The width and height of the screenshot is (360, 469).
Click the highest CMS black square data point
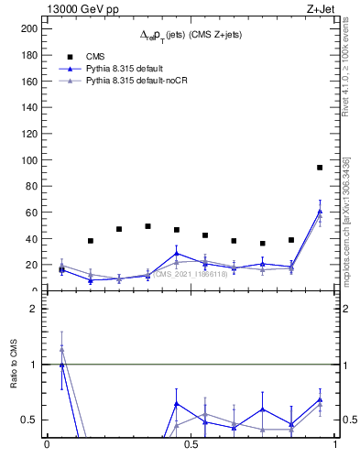pos(320,168)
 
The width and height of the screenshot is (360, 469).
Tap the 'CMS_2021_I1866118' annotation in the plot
pos(192,274)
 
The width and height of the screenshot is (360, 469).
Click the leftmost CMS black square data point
pos(61,269)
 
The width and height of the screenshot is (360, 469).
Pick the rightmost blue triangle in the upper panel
pos(320,212)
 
